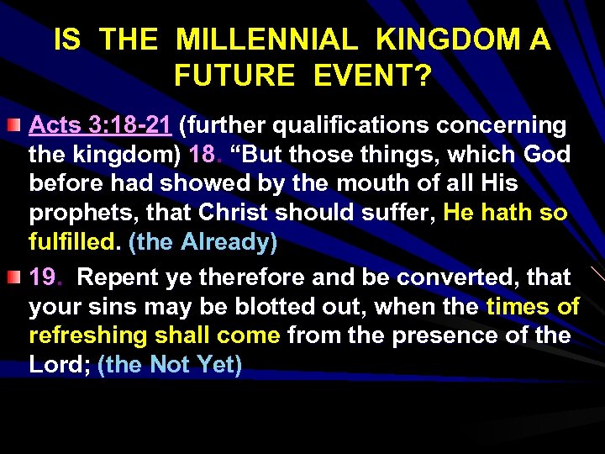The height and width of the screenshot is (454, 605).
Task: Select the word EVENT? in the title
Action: (373, 77)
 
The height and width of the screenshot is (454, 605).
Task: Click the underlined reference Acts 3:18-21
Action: (102, 126)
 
